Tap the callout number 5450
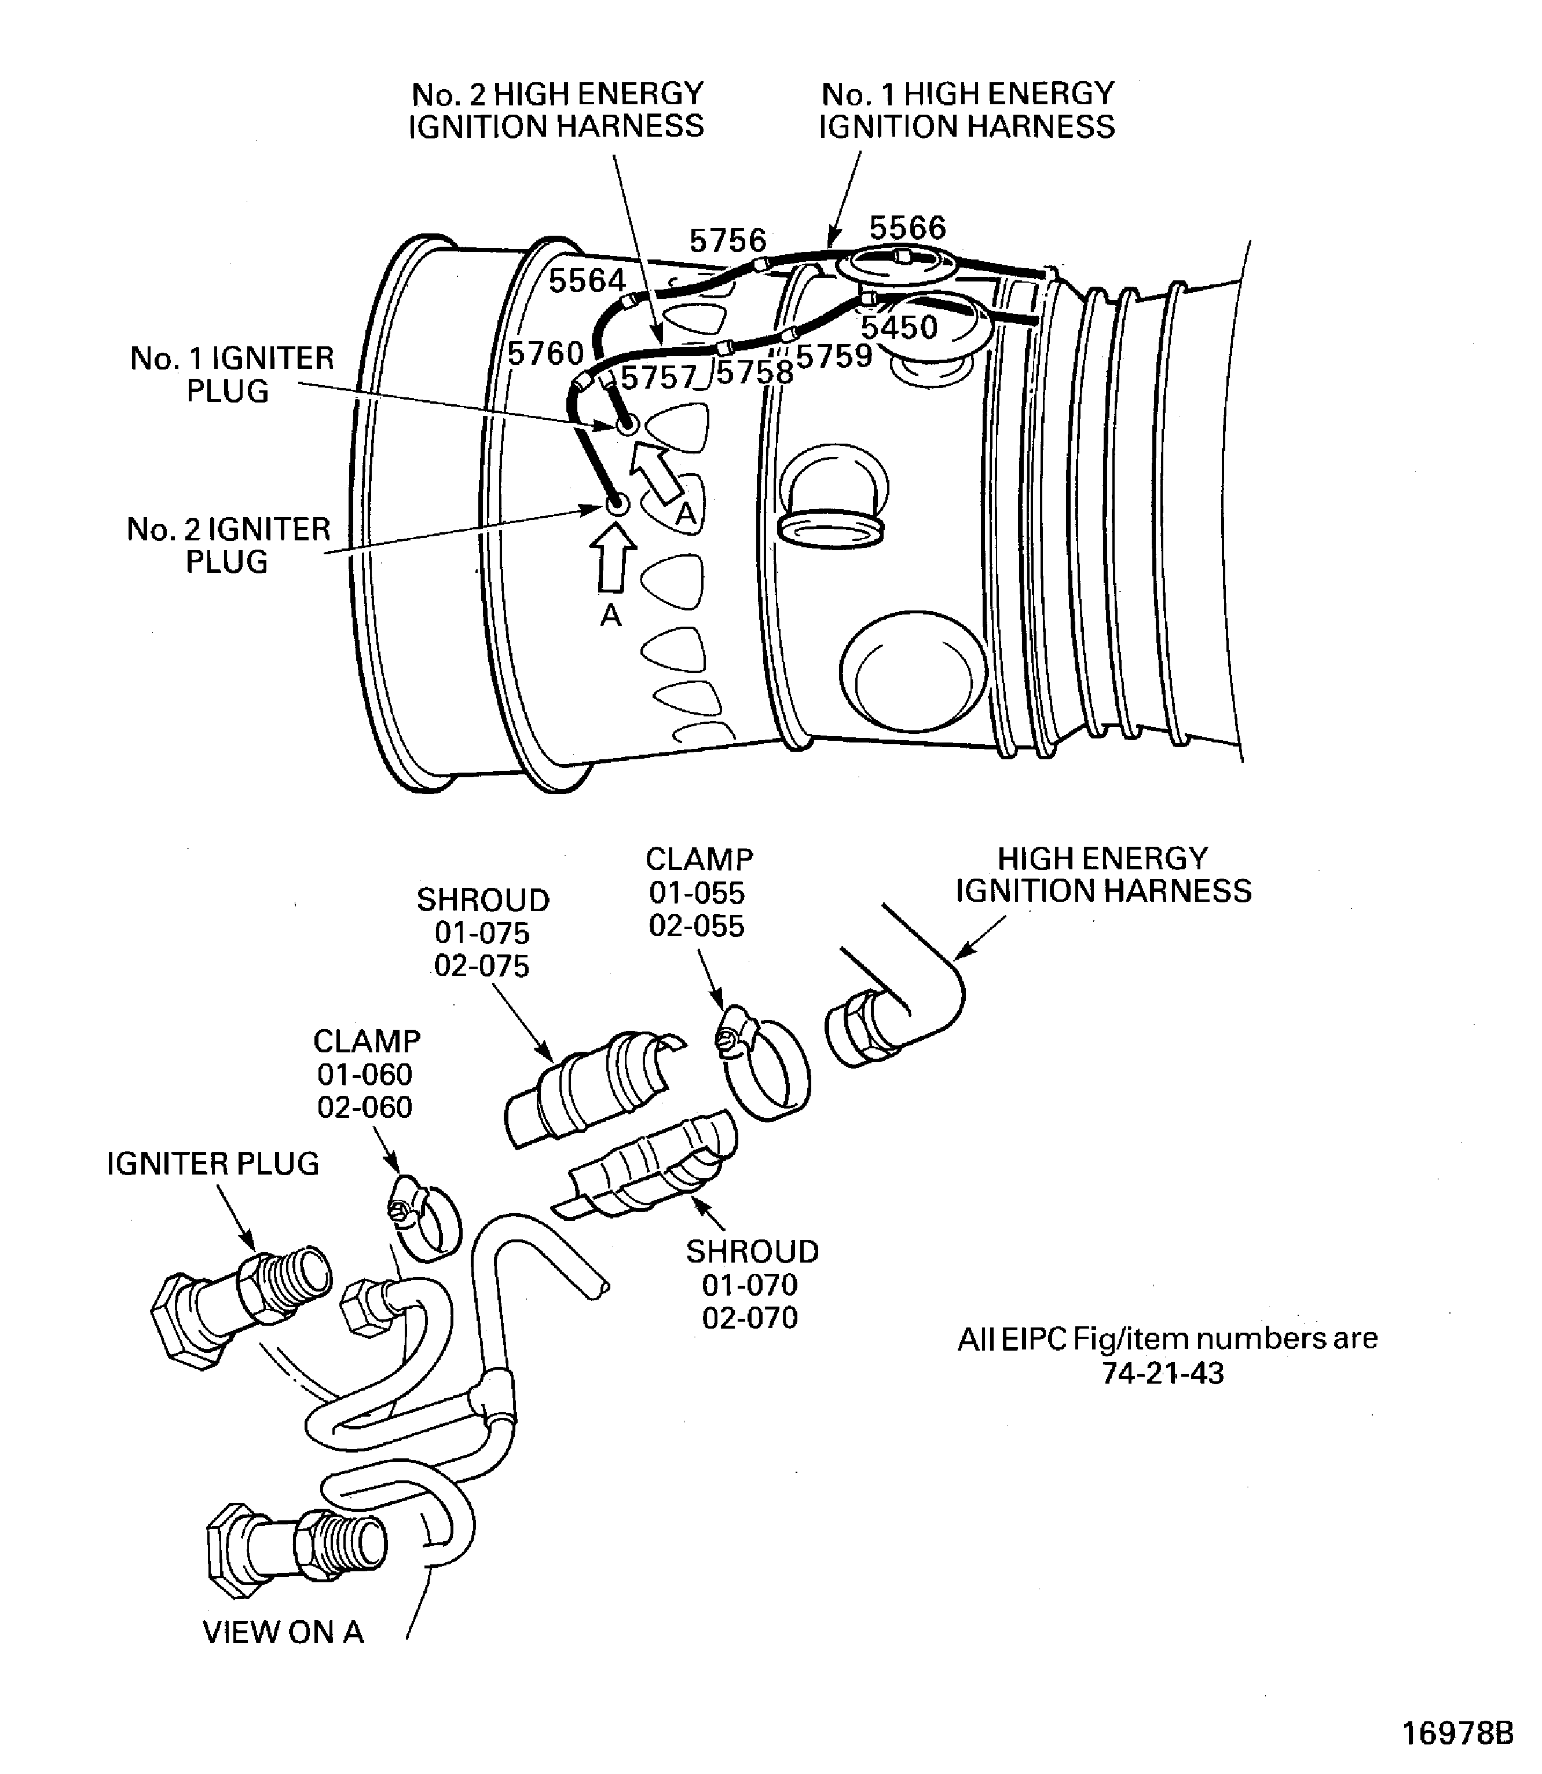pos(899,327)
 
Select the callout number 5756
pos(727,240)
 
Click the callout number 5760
pos(545,353)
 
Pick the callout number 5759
pos(834,356)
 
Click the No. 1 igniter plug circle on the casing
pos(627,425)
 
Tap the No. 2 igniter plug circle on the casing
pos(616,504)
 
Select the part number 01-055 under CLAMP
pos(697,893)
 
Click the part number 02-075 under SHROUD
pos(482,965)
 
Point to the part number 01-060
pos(365,1074)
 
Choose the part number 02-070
pos(750,1318)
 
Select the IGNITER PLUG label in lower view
pos(213,1164)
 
